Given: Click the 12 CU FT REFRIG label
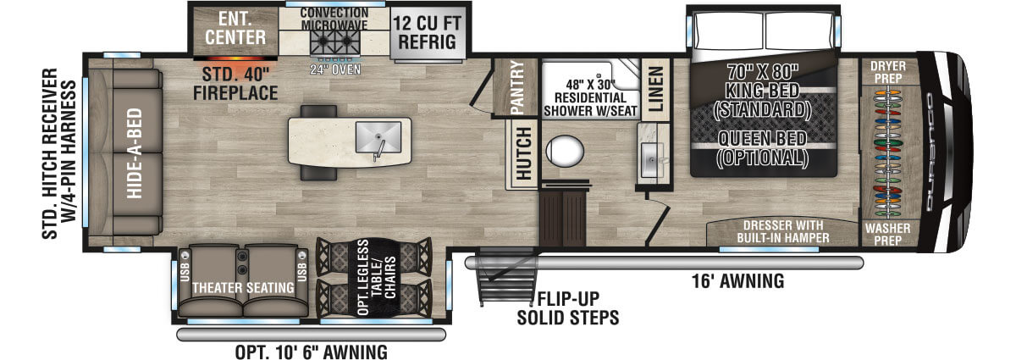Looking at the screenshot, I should pyautogui.click(x=426, y=31).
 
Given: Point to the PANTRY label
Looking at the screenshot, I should pyautogui.click(x=518, y=86).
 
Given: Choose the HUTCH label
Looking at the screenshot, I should pyautogui.click(x=523, y=153).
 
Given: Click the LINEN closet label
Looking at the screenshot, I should pyautogui.click(x=656, y=88).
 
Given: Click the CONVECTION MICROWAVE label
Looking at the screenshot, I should pyautogui.click(x=334, y=19).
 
